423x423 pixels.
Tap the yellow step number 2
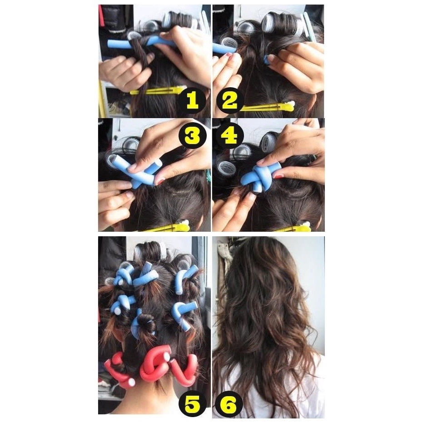pos(229,100)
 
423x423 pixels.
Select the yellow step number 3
pos(192,136)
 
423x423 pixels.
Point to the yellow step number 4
pos(229,136)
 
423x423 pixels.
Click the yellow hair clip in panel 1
pos(158,90)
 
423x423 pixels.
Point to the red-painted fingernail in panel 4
pos(278,176)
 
